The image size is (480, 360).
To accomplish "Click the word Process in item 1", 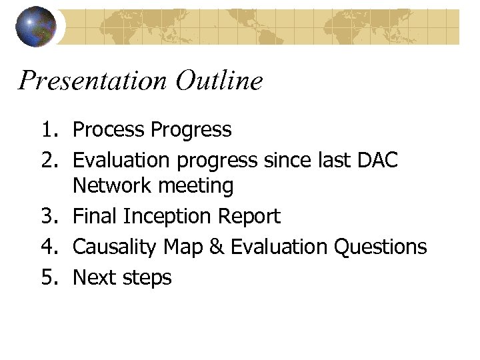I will pyautogui.click(x=107, y=129).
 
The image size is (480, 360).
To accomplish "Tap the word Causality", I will pyautogui.click(x=116, y=247).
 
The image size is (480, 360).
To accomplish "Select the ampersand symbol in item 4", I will pyautogui.click(x=215, y=247).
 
